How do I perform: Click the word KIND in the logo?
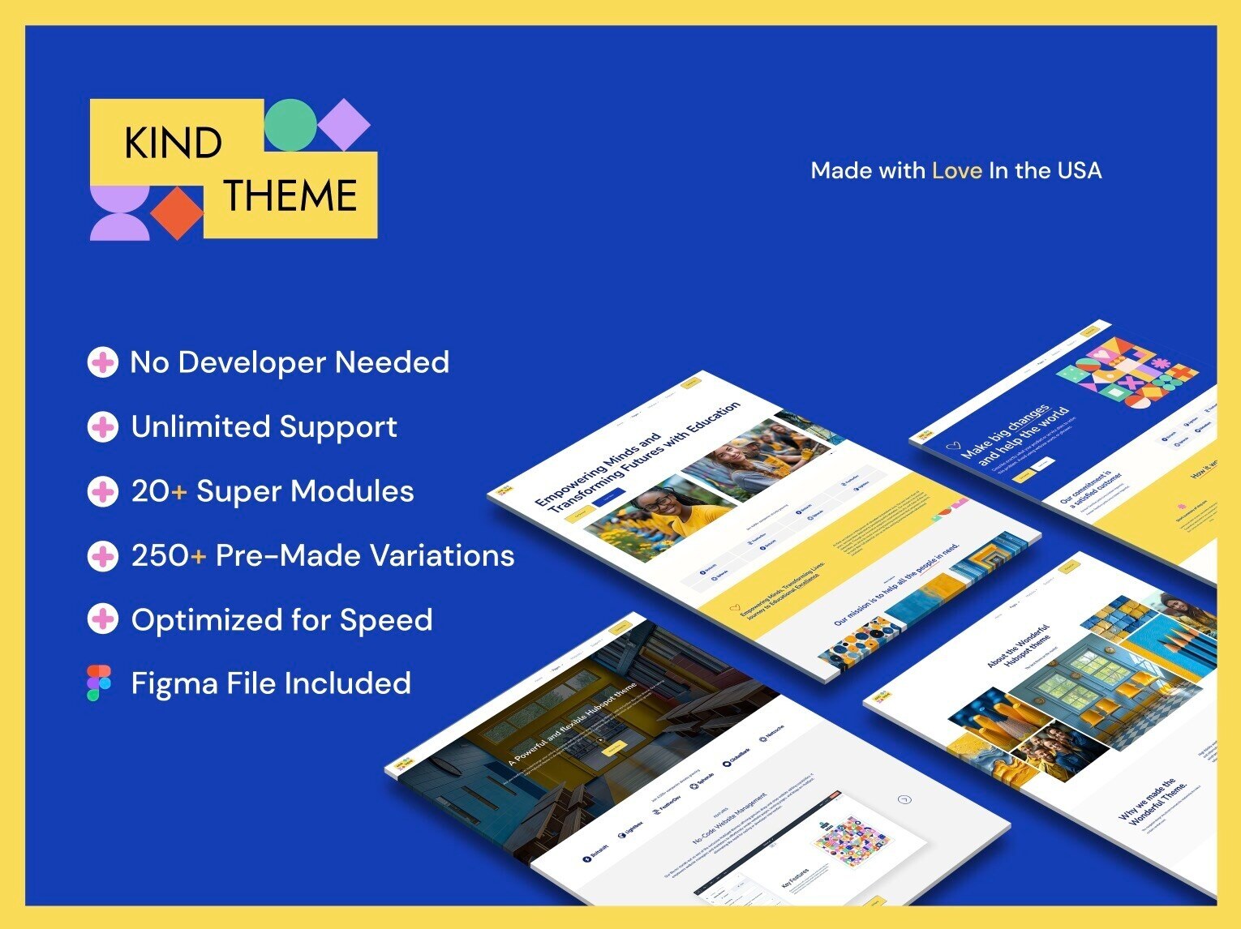coord(173,143)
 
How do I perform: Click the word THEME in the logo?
coord(290,195)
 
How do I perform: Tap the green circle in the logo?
coord(290,125)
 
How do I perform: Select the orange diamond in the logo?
coord(177,213)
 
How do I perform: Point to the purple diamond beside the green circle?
coord(344,124)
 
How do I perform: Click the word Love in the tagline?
coord(956,170)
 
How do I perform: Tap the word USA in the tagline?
coord(1079,170)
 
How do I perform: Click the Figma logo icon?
coord(99,683)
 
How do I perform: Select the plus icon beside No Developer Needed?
coord(102,362)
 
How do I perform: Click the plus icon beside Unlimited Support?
coord(102,426)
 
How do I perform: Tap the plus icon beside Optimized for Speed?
coord(102,619)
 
